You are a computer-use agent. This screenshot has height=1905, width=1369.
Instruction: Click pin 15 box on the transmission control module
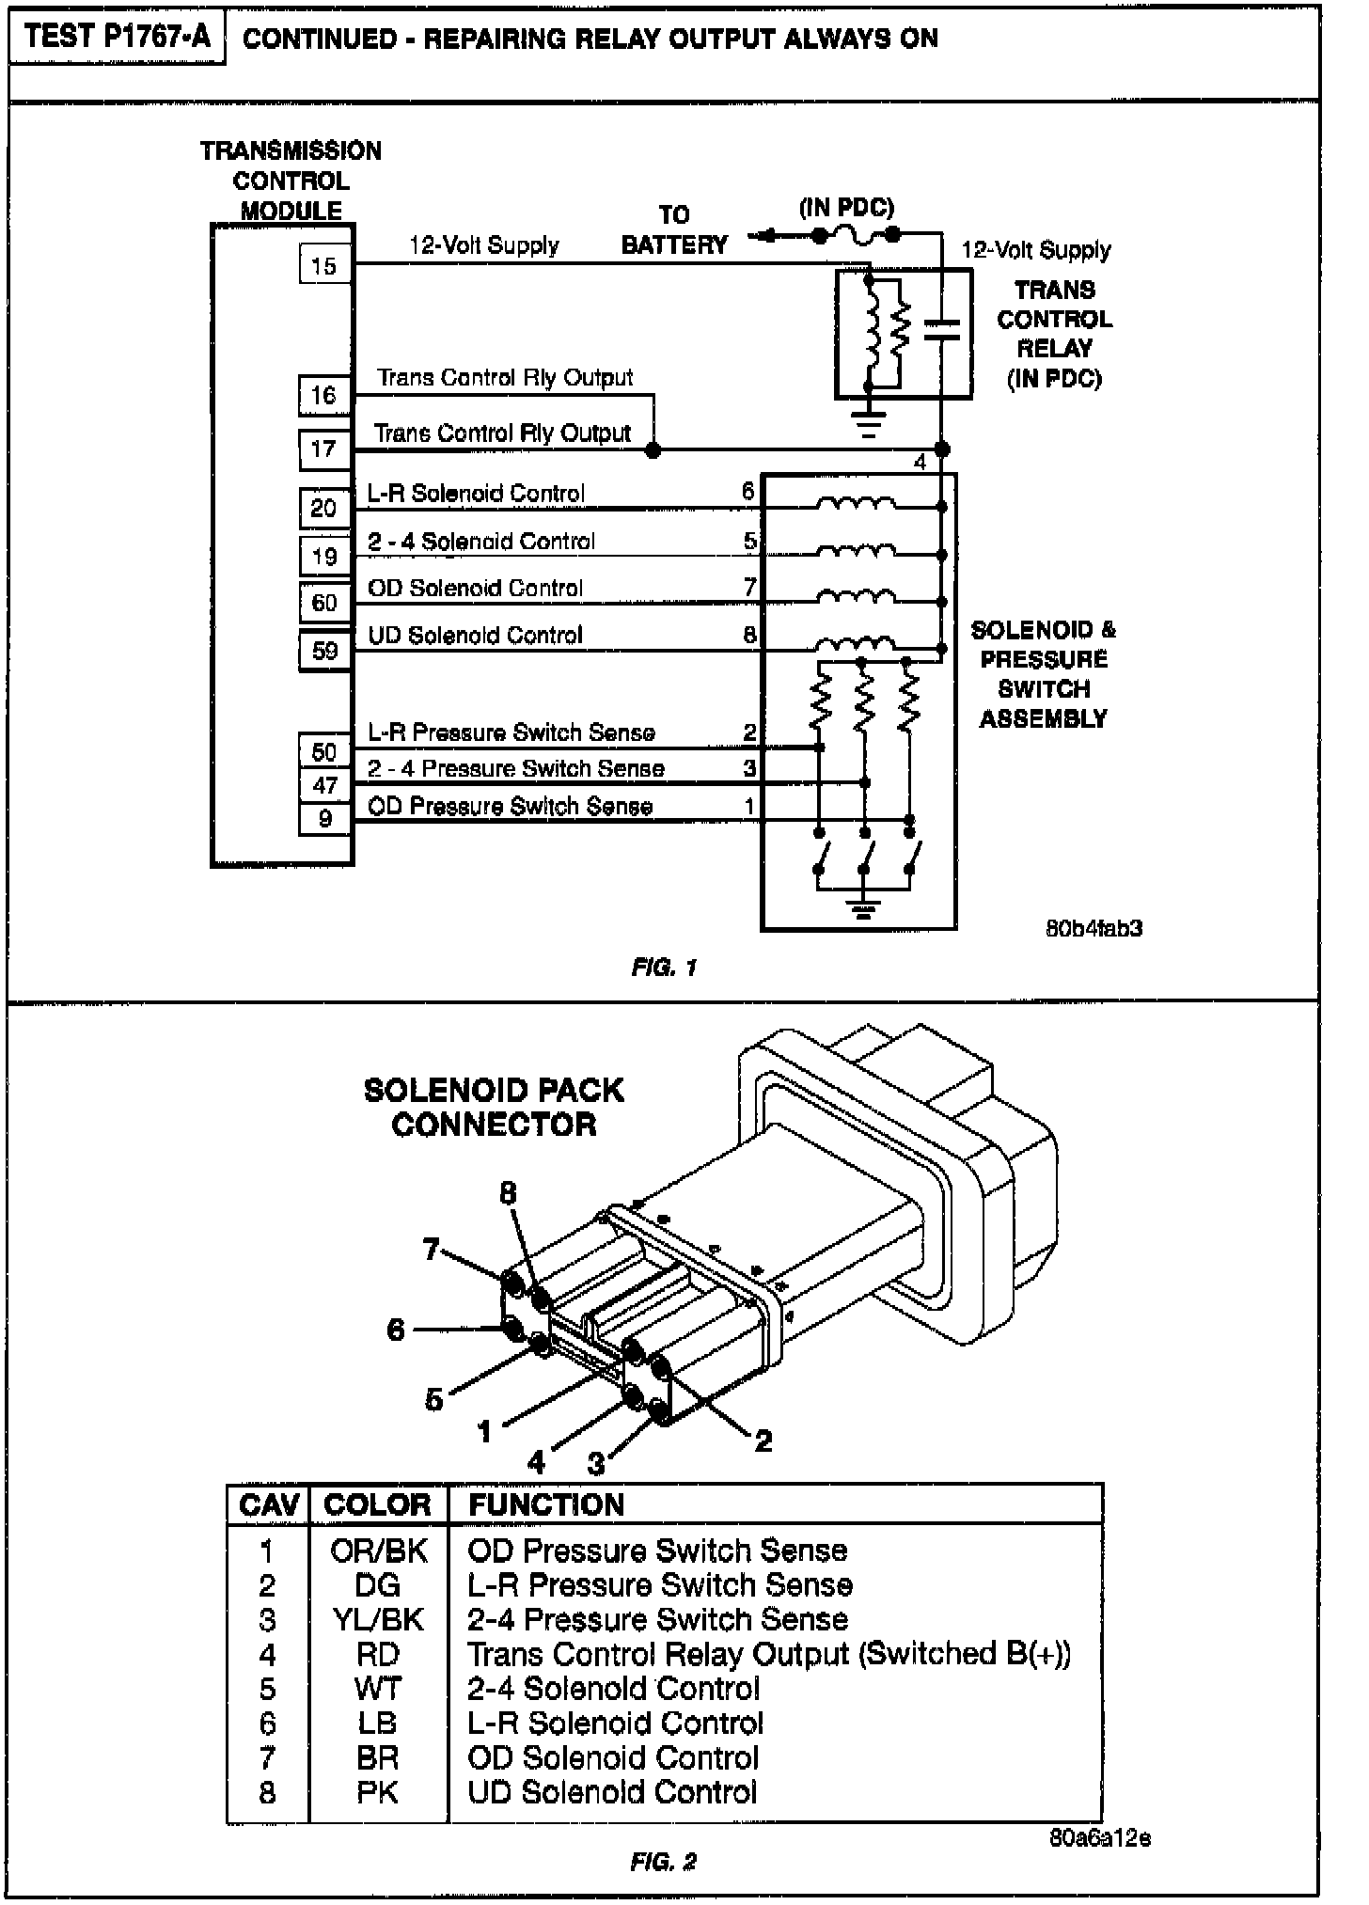click(323, 265)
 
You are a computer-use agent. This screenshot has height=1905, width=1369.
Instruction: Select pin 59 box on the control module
click(324, 650)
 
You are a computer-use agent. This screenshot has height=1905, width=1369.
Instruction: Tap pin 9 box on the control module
click(324, 818)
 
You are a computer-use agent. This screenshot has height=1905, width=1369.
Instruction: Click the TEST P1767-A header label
click(118, 38)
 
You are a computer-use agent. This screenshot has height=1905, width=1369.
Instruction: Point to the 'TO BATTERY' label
click(674, 230)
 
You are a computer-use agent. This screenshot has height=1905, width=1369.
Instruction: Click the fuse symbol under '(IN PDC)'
click(857, 235)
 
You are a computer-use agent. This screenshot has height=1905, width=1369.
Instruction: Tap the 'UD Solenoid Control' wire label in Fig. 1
click(475, 635)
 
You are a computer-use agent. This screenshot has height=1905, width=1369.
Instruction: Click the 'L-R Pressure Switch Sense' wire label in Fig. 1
click(511, 732)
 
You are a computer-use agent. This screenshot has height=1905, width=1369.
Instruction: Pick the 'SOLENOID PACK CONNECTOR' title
click(494, 1107)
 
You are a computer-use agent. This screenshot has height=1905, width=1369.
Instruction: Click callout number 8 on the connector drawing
click(508, 1193)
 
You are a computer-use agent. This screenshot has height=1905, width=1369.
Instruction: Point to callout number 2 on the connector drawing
click(763, 1440)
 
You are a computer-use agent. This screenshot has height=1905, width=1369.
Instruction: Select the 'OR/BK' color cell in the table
click(378, 1551)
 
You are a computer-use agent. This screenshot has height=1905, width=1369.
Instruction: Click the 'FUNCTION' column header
click(545, 1504)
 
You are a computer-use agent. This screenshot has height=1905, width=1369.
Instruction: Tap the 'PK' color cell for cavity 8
click(377, 1792)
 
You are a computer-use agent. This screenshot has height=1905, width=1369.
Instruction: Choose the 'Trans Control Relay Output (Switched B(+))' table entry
click(768, 1654)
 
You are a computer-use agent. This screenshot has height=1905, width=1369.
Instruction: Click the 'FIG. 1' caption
click(664, 967)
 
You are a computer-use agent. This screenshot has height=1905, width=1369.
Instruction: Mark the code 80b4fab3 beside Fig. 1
click(1094, 928)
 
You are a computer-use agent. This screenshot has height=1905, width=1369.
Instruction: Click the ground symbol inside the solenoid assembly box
click(863, 906)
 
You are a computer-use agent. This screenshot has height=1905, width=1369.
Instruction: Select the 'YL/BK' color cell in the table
click(378, 1619)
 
